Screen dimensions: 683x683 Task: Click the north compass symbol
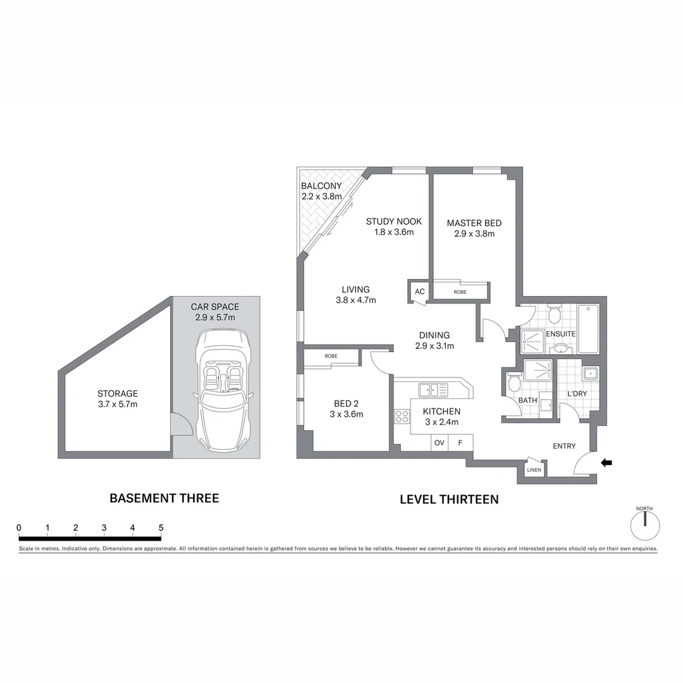click(644, 524)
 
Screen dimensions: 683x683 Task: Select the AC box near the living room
click(419, 292)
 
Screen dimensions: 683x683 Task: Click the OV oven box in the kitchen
click(439, 443)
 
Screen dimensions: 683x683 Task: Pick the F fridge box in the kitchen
click(460, 443)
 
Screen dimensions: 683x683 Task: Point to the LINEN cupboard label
click(533, 470)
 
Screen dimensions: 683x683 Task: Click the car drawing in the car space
click(224, 390)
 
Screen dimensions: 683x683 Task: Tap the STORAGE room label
click(118, 393)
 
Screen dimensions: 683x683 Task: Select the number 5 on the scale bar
click(161, 528)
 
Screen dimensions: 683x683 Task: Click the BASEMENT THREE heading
click(164, 498)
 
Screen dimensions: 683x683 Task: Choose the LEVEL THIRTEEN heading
click(449, 499)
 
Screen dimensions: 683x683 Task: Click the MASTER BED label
click(474, 223)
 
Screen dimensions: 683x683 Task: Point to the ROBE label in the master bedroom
click(460, 292)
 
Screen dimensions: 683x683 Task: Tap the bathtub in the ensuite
click(588, 329)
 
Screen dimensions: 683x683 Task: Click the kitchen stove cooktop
click(402, 415)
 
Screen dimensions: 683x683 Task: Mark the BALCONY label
click(321, 186)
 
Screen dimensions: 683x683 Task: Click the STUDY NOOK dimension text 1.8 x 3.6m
click(393, 232)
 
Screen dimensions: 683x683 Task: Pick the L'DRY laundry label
click(577, 393)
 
